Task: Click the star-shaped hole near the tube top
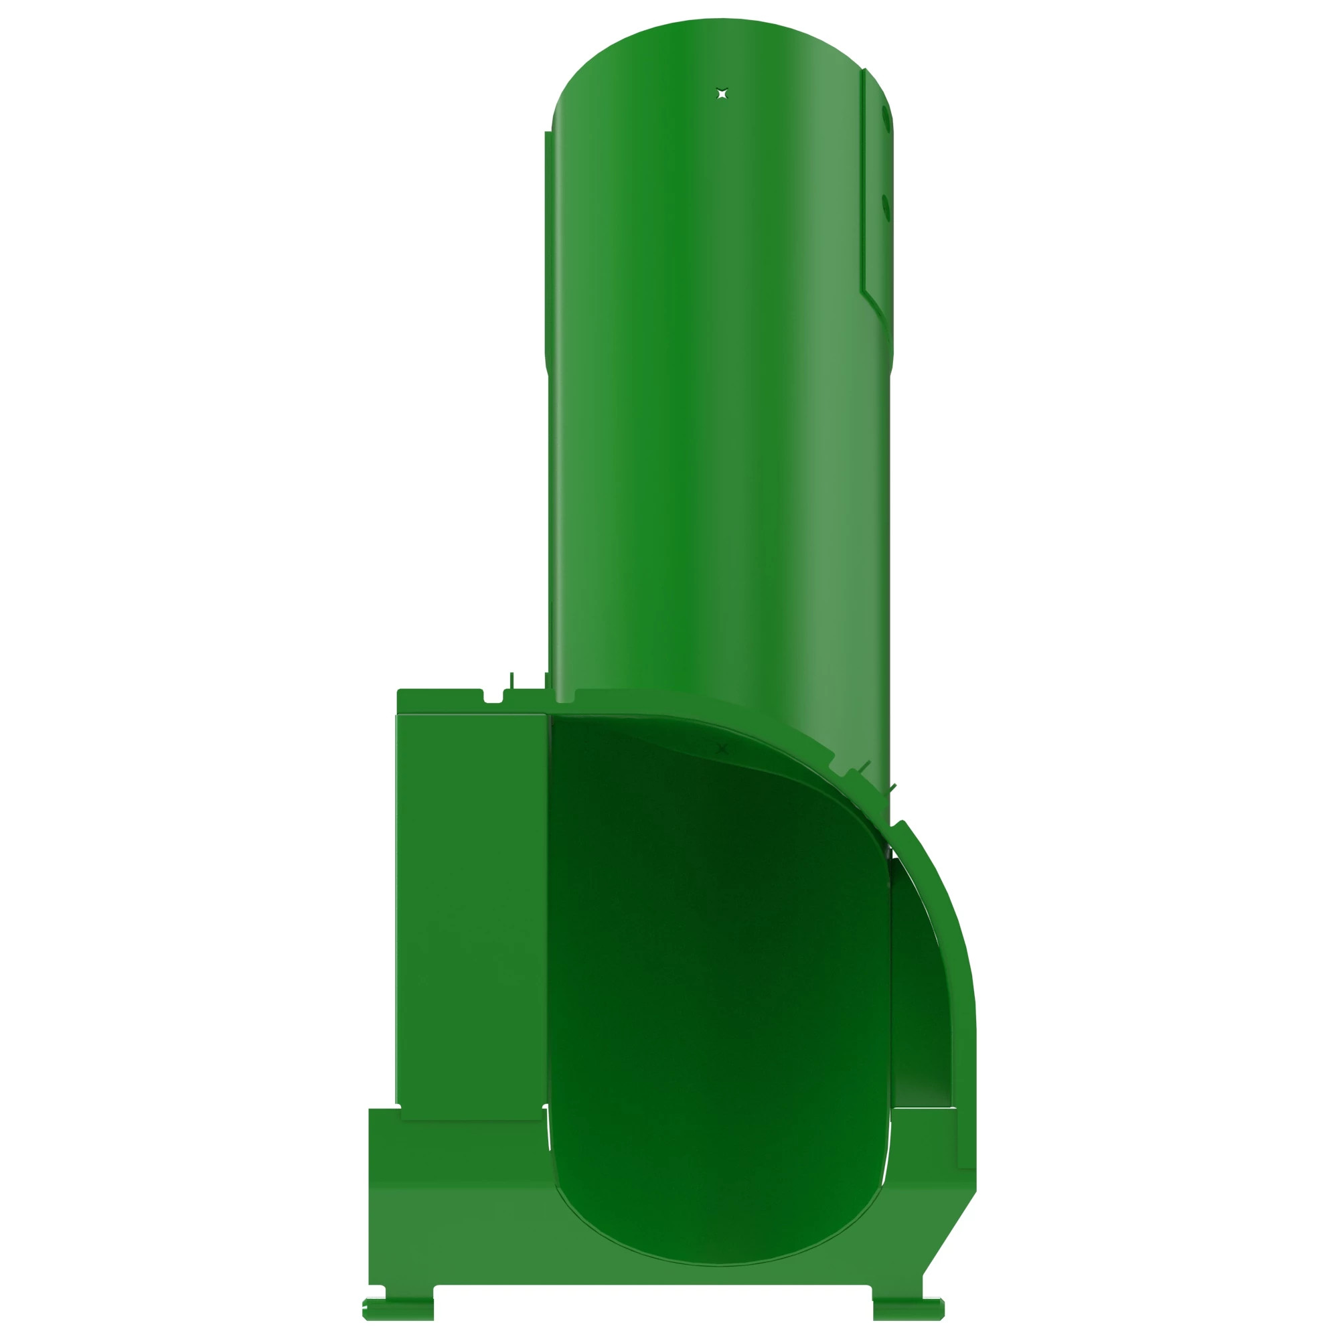[x=722, y=93]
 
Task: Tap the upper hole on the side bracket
[x=885, y=118]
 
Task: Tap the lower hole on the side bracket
[x=885, y=206]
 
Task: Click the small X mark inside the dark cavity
[x=722, y=749]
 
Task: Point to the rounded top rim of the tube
[x=721, y=27]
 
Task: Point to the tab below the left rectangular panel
[x=471, y=1114]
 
